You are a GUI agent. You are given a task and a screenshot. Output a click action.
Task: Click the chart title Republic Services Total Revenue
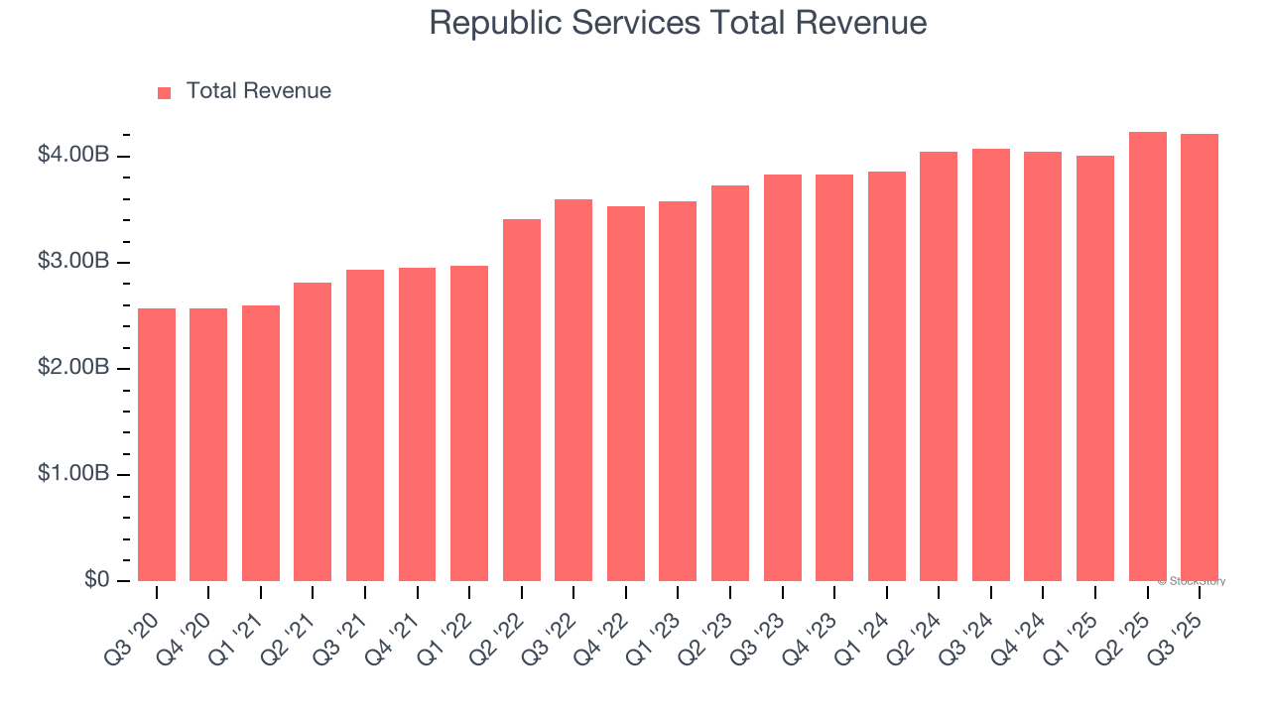(678, 23)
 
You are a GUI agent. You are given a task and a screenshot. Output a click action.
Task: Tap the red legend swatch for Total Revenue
(165, 92)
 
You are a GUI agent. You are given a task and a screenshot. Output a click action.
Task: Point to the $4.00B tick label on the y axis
(72, 156)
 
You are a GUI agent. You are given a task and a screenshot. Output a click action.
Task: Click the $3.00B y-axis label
(72, 262)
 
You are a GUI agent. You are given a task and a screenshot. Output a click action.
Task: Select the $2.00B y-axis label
(72, 368)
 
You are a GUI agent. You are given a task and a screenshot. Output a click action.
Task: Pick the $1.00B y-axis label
(72, 474)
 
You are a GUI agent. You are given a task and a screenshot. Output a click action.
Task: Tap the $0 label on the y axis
(96, 580)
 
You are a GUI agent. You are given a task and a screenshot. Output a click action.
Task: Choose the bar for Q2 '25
(1148, 356)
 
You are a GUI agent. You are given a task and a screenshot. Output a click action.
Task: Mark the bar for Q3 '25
(1200, 357)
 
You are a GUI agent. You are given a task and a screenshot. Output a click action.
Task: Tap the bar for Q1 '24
(887, 376)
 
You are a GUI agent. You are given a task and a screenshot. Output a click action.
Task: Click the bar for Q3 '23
(783, 378)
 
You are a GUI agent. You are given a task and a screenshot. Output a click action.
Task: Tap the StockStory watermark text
(1192, 581)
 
